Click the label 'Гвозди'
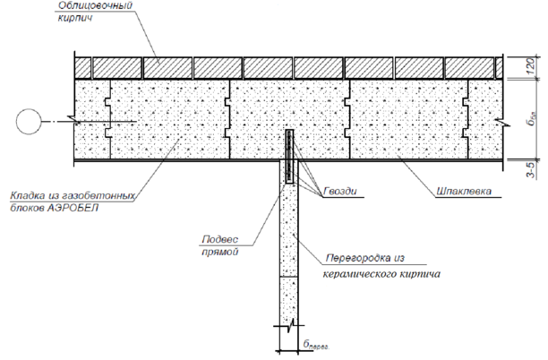coord(338,191)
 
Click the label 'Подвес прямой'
coord(222,245)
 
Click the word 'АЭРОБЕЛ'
coord(81,206)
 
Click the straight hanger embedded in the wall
coord(290,158)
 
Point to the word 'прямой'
coord(223,253)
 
